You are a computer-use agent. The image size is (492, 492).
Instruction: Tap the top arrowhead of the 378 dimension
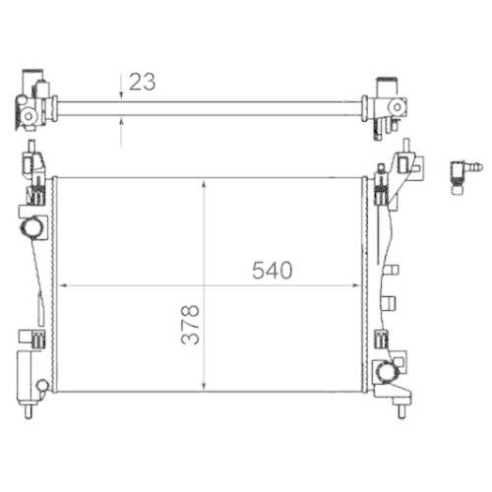(203, 183)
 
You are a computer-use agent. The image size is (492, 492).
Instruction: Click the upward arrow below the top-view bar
(121, 121)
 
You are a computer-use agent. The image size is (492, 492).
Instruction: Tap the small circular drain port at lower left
(41, 383)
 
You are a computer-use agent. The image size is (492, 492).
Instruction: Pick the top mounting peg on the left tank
(33, 160)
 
